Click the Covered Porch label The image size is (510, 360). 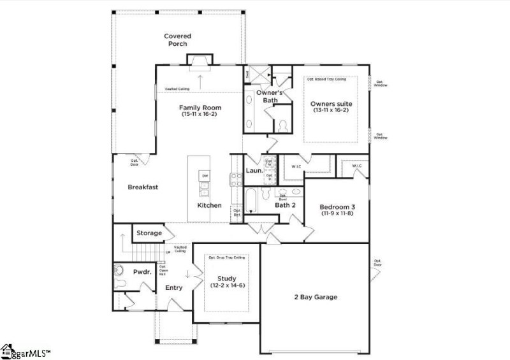(177, 40)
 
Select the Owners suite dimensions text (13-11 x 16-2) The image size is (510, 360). (331, 111)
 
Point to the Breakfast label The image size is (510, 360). (143, 187)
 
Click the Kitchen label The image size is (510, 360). (209, 205)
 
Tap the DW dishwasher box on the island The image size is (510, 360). (205, 176)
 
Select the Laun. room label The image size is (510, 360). (254, 171)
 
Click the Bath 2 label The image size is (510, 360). (285, 205)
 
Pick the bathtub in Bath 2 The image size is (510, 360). (251, 200)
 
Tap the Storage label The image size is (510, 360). (149, 233)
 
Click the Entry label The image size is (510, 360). (173, 288)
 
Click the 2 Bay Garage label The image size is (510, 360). (316, 297)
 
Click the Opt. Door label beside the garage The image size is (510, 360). (378, 263)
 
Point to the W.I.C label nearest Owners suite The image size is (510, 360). (296, 167)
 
